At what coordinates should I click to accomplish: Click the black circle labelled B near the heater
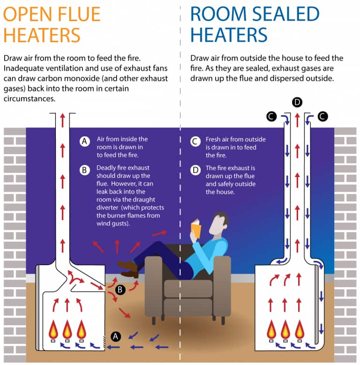(120, 290)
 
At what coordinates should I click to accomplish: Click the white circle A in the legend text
(84, 141)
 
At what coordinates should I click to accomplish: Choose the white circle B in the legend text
(84, 170)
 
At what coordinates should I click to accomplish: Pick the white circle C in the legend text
(195, 141)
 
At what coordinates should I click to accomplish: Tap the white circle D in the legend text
(195, 170)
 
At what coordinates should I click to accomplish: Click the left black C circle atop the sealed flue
(271, 116)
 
